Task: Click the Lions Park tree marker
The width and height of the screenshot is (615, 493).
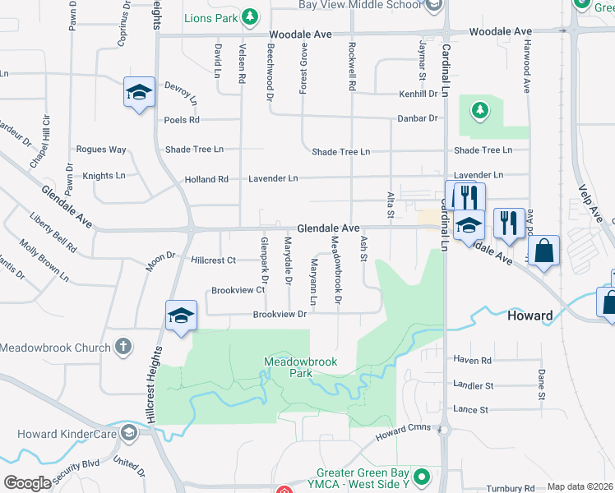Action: click(252, 16)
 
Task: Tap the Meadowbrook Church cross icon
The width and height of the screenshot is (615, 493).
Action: click(123, 348)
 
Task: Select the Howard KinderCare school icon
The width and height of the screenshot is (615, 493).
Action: click(127, 432)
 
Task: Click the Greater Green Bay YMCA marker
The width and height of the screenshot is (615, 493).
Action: click(422, 476)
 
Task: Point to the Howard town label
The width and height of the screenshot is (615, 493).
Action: click(530, 316)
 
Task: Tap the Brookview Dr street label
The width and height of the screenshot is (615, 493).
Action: click(280, 314)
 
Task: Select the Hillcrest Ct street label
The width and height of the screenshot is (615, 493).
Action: click(213, 260)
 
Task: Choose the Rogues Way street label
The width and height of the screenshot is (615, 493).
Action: click(101, 150)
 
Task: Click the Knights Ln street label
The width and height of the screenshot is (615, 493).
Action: click(104, 176)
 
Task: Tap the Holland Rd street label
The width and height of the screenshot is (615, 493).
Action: click(206, 179)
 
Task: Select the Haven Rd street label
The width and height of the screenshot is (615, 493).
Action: click(472, 360)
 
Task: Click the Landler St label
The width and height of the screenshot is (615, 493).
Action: click(473, 385)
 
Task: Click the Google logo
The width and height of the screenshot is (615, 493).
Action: click(26, 483)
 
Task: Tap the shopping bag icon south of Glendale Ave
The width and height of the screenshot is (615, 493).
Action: click(543, 252)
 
